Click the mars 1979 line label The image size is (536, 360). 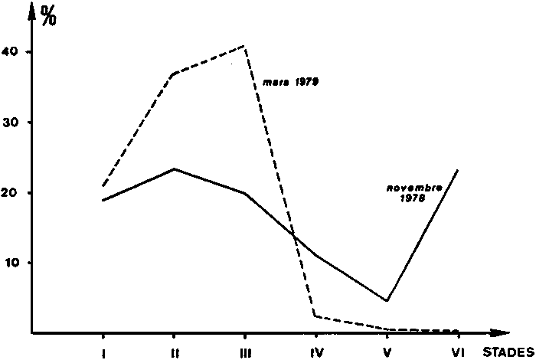pos(290,81)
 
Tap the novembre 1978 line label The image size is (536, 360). pos(407,191)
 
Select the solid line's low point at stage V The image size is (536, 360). pos(387,300)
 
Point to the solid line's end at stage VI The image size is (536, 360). pos(458,170)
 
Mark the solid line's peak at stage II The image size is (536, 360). pos(174,169)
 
